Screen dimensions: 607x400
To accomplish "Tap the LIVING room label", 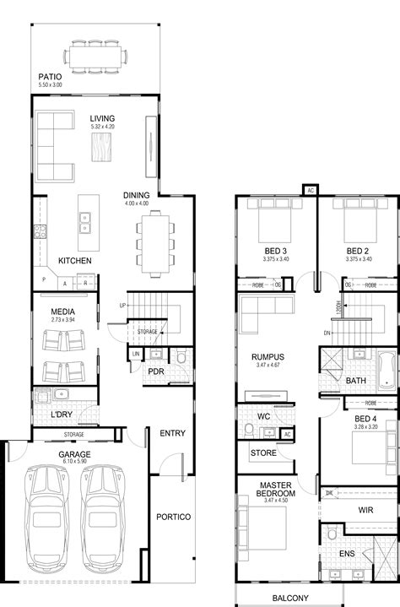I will [102, 119].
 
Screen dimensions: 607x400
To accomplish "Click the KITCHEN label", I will [74, 261].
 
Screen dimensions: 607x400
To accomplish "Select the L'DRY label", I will [61, 415].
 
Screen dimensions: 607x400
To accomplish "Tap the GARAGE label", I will [74, 453].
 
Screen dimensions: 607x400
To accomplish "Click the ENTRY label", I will [172, 433].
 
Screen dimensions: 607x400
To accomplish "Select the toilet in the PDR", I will [179, 358].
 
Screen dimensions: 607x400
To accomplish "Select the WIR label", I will [365, 510].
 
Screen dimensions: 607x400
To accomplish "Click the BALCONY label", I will [290, 599].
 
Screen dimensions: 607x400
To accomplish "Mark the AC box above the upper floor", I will [310, 190].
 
